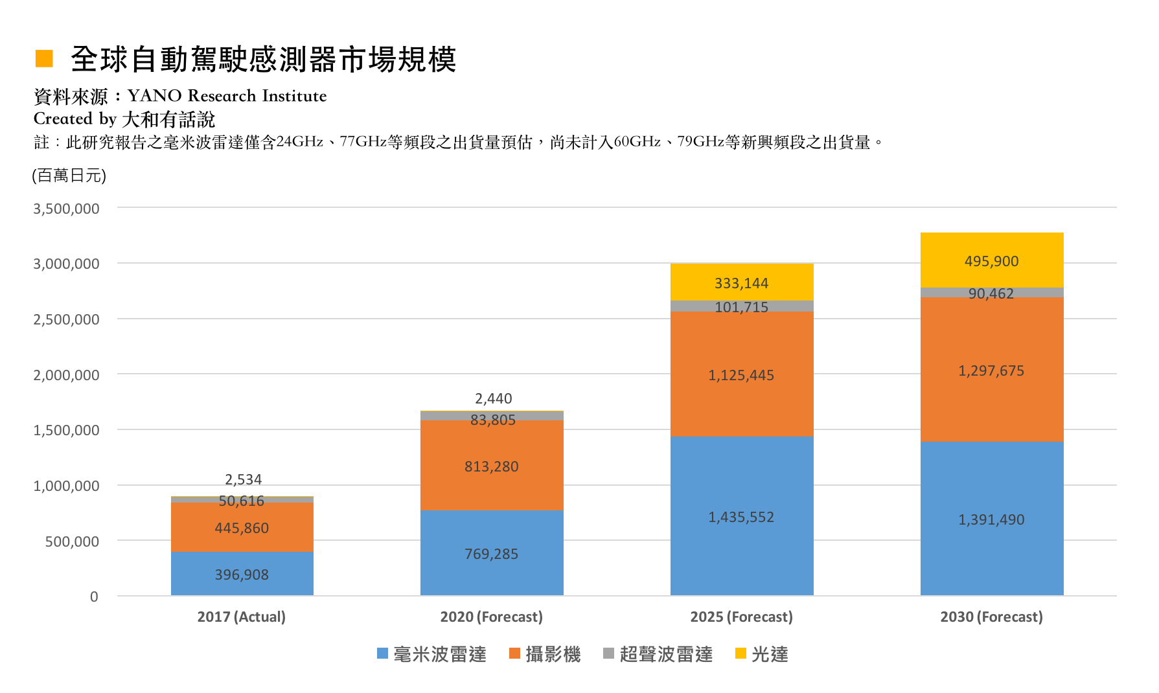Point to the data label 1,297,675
tap(991, 371)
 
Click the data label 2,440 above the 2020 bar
tap(493, 398)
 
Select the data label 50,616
tap(242, 501)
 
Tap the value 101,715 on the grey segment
tap(741, 307)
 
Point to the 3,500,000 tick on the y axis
tap(66, 209)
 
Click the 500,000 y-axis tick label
tap(72, 541)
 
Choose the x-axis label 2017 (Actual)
tap(242, 617)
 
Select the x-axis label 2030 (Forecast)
tap(991, 617)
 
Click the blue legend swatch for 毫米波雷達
tap(382, 653)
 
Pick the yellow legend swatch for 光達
tap(740, 653)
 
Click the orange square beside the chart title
tap(44, 58)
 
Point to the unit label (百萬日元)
tap(69, 176)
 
